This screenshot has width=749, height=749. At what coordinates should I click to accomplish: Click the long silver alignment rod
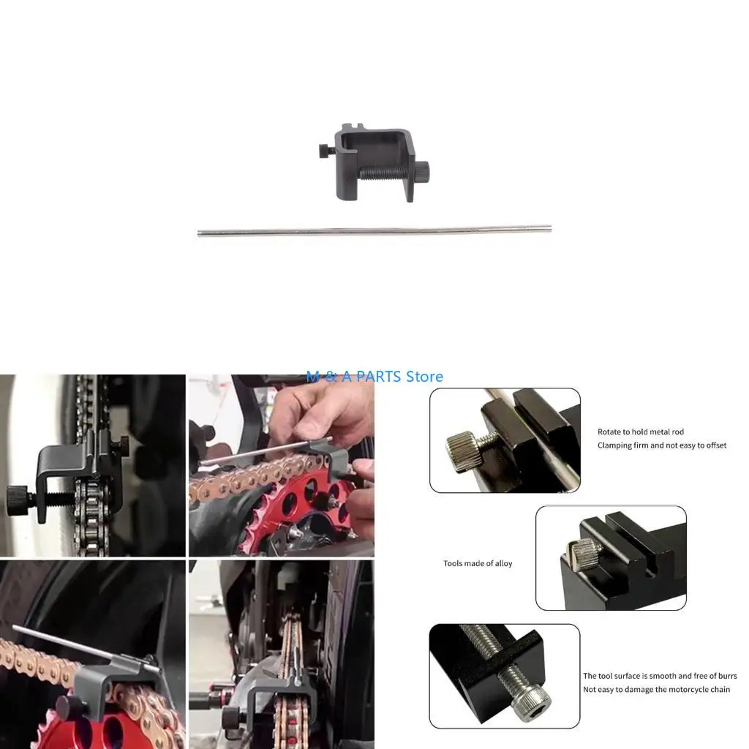374,230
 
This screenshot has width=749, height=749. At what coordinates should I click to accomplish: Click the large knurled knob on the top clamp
423,170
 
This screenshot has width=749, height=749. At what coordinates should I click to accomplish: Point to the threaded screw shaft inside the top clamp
388,172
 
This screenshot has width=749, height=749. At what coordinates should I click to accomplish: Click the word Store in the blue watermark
424,377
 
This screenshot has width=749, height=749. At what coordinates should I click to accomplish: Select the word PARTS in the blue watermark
378,377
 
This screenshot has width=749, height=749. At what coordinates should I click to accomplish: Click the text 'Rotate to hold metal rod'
641,432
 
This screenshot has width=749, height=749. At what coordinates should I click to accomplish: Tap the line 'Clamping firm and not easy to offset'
661,445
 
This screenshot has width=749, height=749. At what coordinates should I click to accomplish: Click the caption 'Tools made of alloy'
478,564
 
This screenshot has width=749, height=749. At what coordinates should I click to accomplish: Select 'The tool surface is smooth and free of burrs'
660,676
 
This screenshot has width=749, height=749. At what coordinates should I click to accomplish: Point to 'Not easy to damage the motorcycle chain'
656,689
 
